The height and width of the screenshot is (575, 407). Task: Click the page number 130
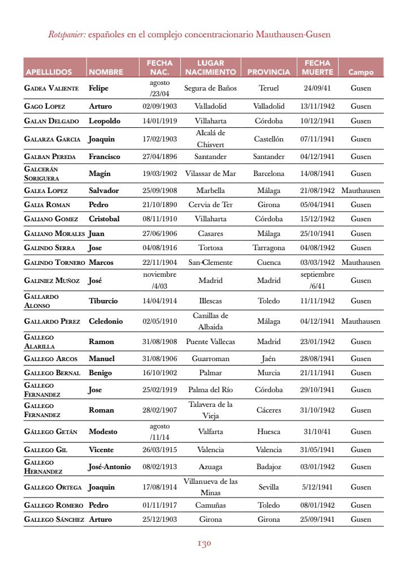tap(203, 544)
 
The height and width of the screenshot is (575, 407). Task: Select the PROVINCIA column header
tap(269, 72)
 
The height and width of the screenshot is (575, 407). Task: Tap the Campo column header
tap(361, 72)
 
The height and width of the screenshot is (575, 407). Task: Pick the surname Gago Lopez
tap(45, 106)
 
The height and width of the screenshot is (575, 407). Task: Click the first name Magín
tap(99, 174)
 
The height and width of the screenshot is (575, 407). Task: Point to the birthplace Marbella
tap(210, 191)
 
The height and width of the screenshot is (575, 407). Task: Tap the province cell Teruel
tap(269, 88)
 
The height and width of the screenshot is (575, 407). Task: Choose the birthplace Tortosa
tap(210, 248)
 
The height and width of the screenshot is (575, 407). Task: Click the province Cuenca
tap(269, 263)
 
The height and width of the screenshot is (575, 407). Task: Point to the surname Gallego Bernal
tap(52, 373)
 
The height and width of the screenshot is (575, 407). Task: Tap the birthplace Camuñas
tap(210, 505)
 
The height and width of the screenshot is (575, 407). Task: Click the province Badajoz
tap(269, 467)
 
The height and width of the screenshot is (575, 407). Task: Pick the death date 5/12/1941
tap(317, 487)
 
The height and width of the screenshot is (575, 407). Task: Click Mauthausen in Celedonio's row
tap(361, 321)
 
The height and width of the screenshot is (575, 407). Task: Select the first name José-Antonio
tap(110, 467)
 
